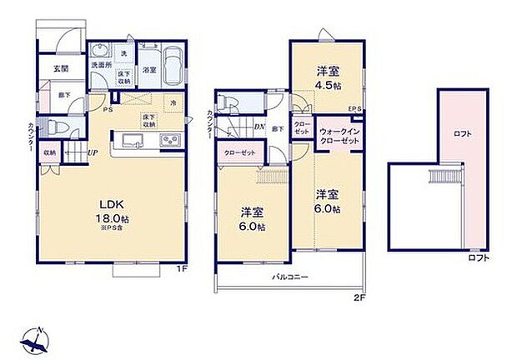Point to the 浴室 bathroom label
[149, 71]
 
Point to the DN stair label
[259, 127]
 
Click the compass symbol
[37, 338]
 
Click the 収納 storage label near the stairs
[50, 153]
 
